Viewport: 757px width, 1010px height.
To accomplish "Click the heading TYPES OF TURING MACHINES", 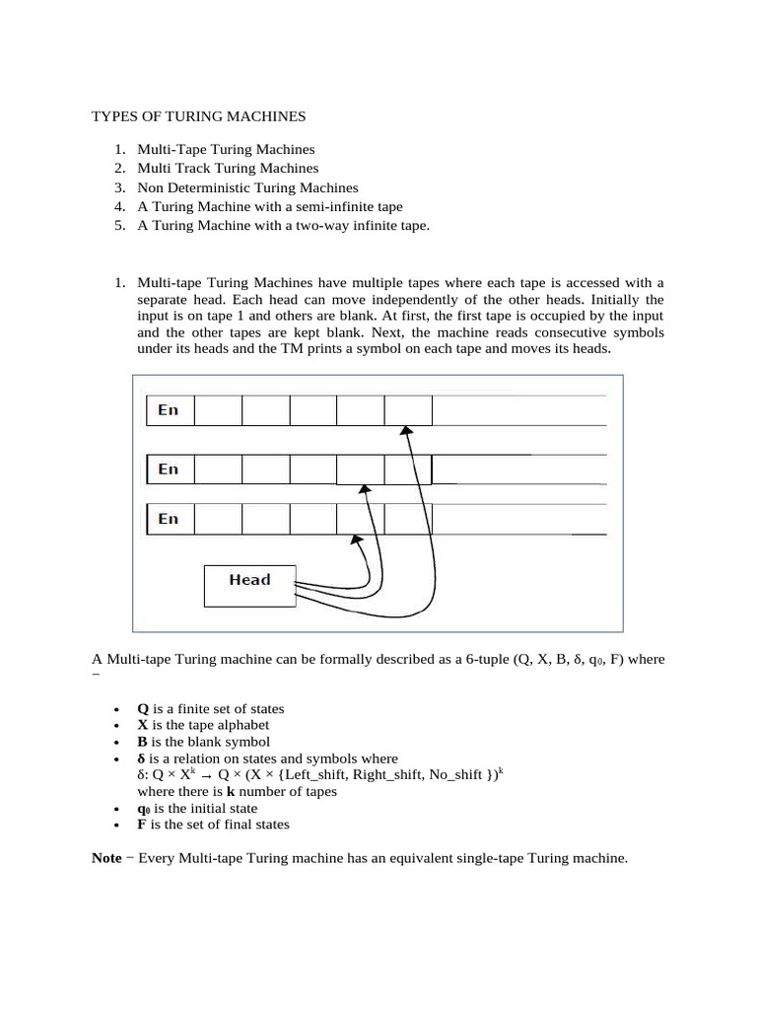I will [x=199, y=116].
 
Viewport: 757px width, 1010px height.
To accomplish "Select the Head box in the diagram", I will [x=249, y=580].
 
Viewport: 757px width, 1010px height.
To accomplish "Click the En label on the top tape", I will [x=169, y=410].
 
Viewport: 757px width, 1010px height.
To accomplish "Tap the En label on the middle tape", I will [x=169, y=469].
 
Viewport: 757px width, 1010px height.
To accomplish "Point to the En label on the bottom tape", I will [x=169, y=519].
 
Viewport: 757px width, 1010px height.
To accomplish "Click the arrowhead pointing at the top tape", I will [x=404, y=430].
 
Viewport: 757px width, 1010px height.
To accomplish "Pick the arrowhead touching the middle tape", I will [x=365, y=488].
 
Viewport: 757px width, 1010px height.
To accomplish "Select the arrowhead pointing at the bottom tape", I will [x=356, y=540].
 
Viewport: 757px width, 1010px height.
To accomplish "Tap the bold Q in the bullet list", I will [x=142, y=709].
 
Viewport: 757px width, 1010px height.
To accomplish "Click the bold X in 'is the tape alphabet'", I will [x=142, y=725].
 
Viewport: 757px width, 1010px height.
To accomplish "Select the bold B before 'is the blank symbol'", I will [x=142, y=742].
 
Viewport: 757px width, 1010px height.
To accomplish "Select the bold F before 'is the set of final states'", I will [x=142, y=825].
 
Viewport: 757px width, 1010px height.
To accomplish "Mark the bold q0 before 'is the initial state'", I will [x=144, y=808].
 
